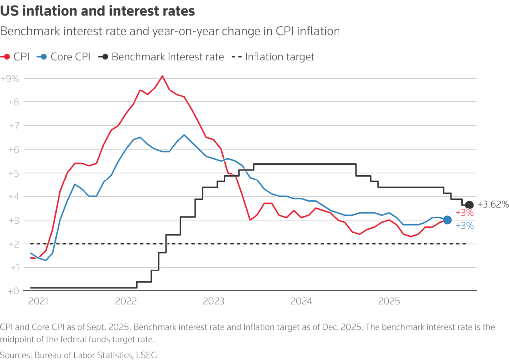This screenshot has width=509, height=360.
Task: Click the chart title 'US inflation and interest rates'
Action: pos(97,11)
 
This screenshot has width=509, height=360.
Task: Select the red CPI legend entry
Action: pos(16,57)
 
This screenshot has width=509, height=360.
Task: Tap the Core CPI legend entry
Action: pos(65,57)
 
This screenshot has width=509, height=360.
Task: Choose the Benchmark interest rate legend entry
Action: pos(161,57)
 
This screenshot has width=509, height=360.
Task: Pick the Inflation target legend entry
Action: pos(273,57)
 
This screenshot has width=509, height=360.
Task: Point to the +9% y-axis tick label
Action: pos(10,79)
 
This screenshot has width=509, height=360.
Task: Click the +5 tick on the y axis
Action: pos(12,173)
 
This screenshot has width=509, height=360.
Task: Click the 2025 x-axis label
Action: pos(389,301)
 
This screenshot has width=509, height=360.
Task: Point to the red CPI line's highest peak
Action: pos(162,76)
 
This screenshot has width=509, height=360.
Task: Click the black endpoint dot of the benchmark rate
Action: pos(469,205)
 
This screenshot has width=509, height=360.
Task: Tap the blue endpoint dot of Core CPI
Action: pos(447,220)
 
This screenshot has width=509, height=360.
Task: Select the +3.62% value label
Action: pos(493,204)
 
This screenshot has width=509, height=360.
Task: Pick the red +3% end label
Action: pos(464,213)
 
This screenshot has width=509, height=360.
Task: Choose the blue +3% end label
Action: pos(464,226)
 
